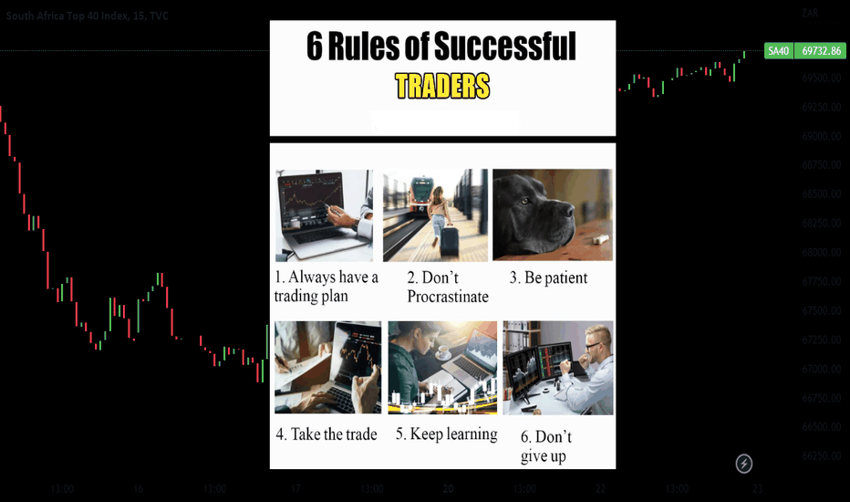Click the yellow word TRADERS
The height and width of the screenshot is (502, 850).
[x=442, y=86]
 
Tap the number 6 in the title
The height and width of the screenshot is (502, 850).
[x=315, y=47]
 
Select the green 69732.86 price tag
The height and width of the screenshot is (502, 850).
[x=821, y=51]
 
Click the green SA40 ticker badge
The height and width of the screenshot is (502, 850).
[x=779, y=51]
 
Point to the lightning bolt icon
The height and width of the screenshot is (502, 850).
[x=744, y=464]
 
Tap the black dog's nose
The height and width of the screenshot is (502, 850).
[x=566, y=210]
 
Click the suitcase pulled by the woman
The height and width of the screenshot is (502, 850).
[x=450, y=242]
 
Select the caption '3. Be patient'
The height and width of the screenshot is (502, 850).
[x=548, y=277]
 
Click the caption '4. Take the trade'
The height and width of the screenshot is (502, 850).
[x=327, y=434]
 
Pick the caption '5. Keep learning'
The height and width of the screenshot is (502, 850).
[x=446, y=434]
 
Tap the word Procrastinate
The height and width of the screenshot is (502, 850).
[x=448, y=297]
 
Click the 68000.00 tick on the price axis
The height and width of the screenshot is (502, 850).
[x=822, y=252]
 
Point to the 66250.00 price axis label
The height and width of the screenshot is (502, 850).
[x=822, y=455]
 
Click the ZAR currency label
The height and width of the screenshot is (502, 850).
[x=810, y=13]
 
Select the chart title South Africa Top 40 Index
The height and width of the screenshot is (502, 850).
[x=67, y=16]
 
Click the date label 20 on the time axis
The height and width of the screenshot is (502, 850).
[x=448, y=488]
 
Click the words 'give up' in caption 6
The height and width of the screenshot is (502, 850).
[x=544, y=455]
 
